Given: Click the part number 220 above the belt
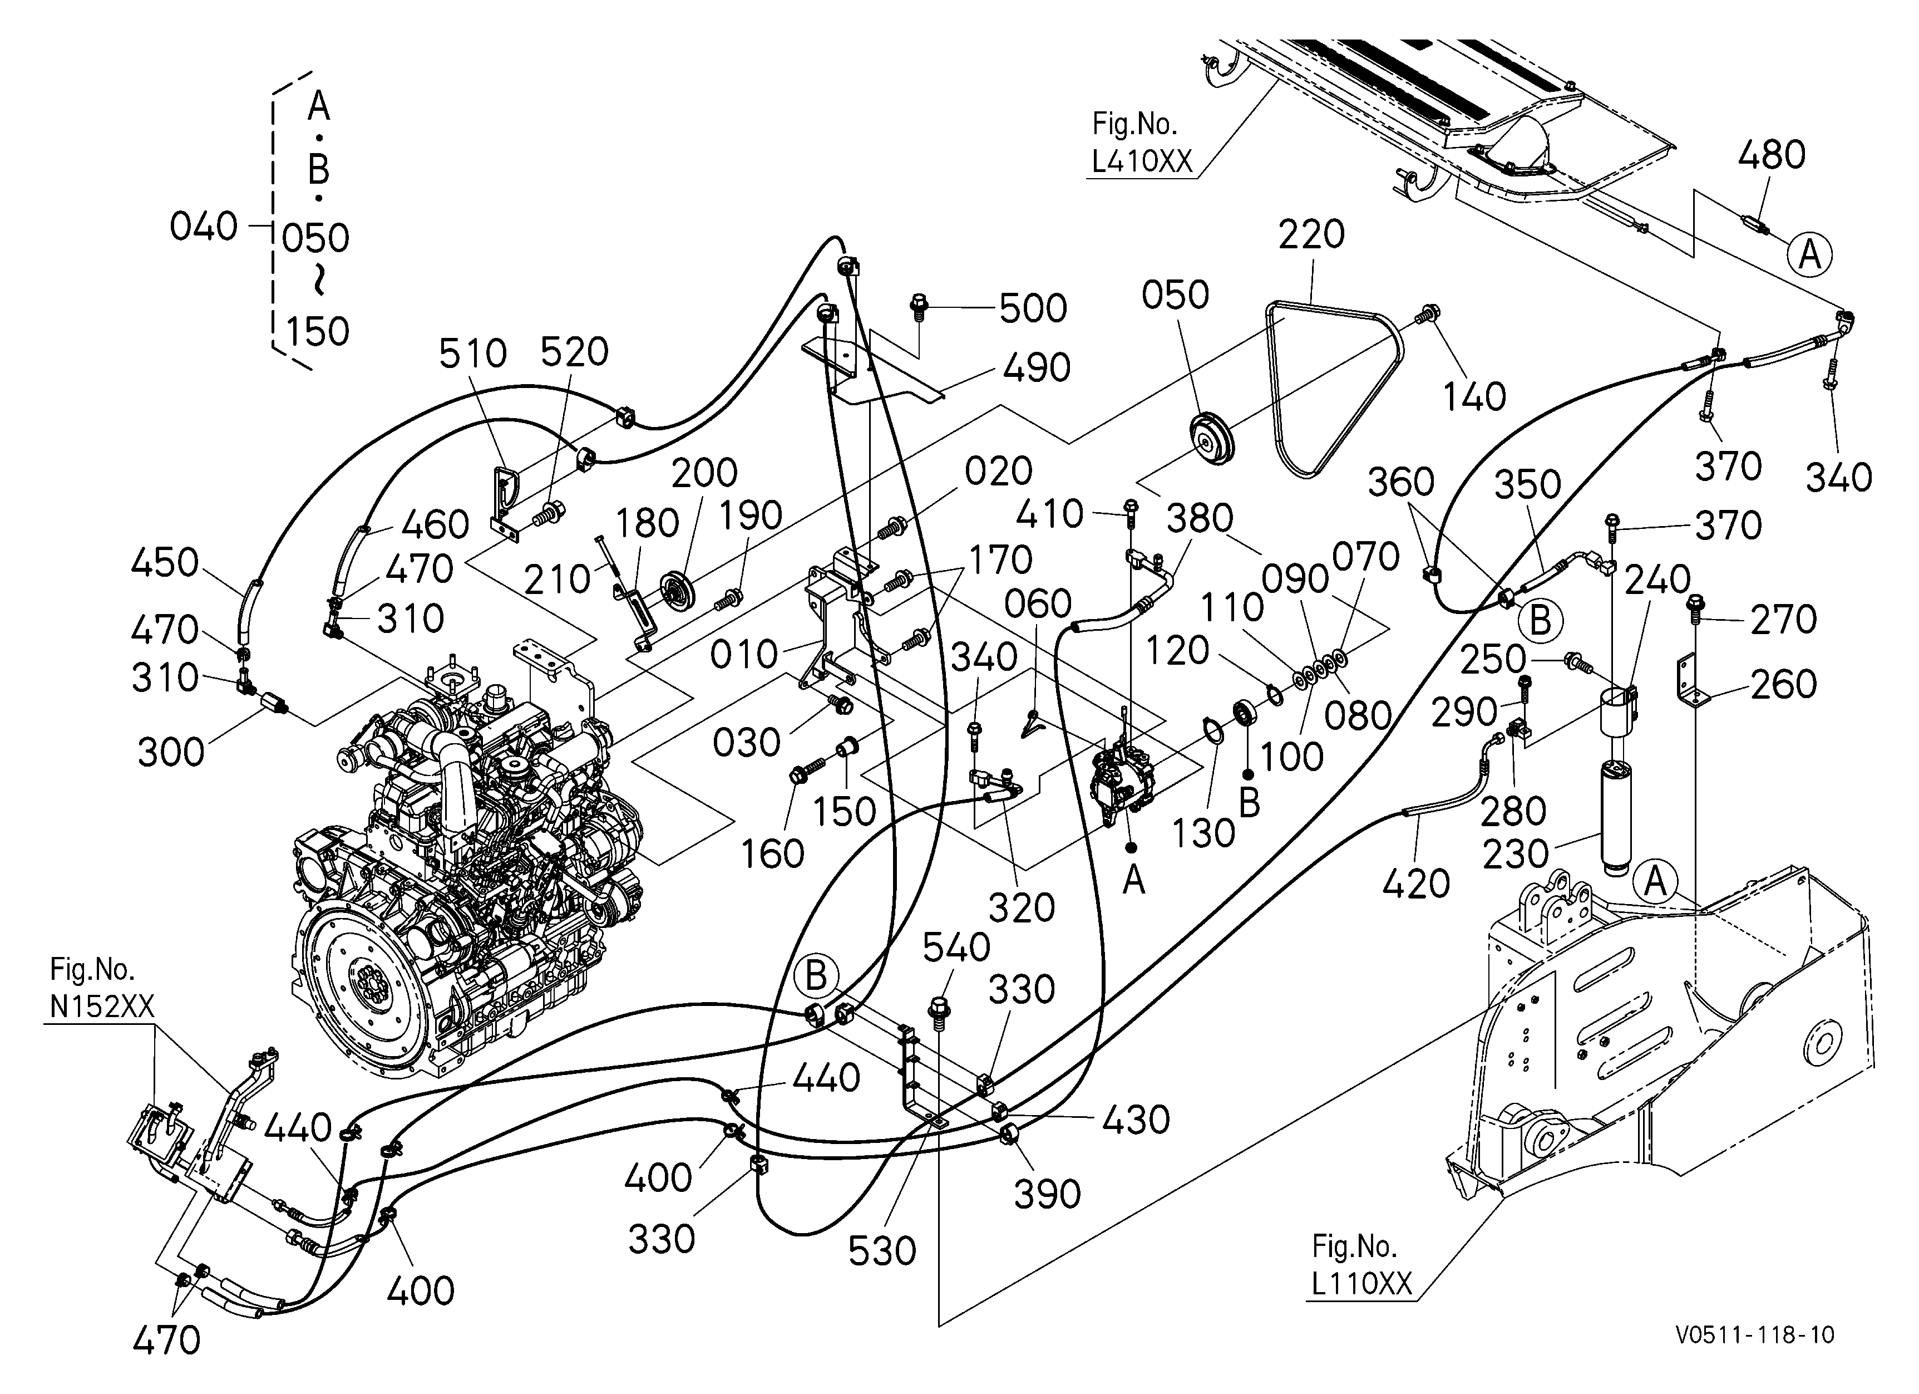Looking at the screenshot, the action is coord(1311,234).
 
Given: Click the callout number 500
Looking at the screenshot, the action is coord(1033,309).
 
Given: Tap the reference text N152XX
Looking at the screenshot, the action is coord(101,1007).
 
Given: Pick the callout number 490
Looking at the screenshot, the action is coord(1037,368).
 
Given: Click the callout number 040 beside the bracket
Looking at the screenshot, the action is coord(204,227).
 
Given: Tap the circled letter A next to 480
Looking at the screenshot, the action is coord(1810,254).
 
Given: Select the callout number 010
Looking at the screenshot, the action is coord(744,654).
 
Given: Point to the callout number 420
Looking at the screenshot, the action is coord(1415,885).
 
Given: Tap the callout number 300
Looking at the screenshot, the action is coord(171,752).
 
